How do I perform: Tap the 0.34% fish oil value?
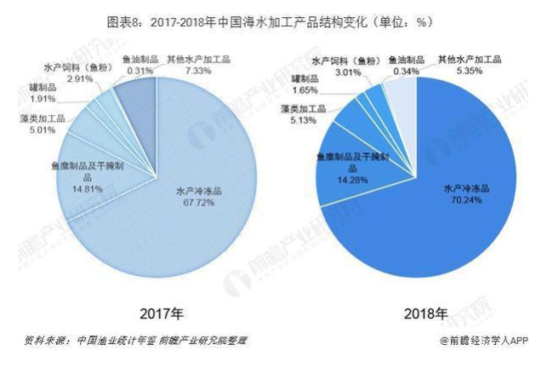(x=403, y=72)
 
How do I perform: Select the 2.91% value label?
(x=80, y=78)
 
